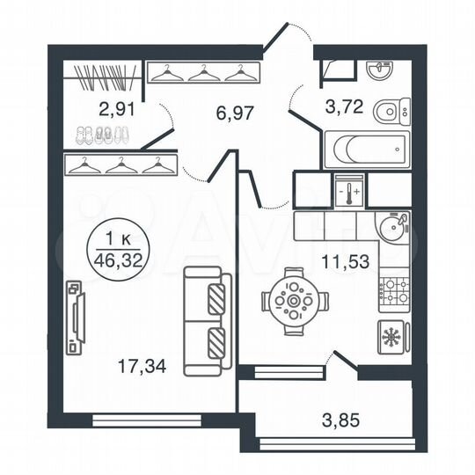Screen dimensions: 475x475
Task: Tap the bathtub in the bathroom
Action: pyautogui.click(x=366, y=150)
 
